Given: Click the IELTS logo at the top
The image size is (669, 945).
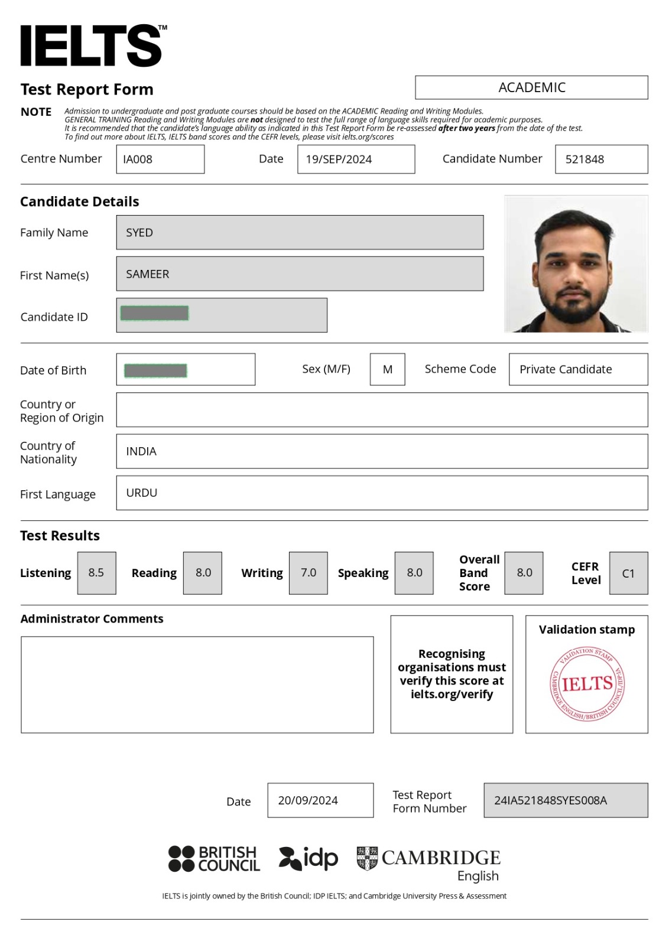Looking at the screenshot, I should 92,45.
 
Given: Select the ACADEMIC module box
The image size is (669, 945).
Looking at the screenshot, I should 531,87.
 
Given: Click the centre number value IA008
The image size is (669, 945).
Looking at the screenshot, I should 138,159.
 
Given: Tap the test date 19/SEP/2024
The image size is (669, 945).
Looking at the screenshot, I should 339,159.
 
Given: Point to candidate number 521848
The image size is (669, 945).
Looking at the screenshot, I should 584,159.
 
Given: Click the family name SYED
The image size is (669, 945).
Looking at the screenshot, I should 139,233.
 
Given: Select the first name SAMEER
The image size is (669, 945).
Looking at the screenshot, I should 148,274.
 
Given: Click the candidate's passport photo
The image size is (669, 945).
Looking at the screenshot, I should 576,264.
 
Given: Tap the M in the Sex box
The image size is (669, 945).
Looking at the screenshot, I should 388,370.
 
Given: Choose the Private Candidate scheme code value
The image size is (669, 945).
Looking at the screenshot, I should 566,370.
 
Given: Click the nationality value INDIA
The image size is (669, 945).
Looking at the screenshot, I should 141,451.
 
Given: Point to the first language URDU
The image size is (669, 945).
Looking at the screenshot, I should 142,493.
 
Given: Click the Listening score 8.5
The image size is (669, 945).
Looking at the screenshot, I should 96,573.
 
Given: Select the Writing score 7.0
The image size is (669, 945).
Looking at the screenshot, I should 308,573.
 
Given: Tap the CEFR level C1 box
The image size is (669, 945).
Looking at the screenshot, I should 628,573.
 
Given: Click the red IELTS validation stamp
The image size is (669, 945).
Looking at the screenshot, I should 587,684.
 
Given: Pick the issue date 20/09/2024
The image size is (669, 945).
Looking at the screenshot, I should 308,801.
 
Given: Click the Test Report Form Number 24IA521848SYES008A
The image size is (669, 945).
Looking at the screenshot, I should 550,801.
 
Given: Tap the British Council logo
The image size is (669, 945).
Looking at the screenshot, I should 214,859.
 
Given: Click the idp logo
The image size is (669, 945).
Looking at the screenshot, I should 308,858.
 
